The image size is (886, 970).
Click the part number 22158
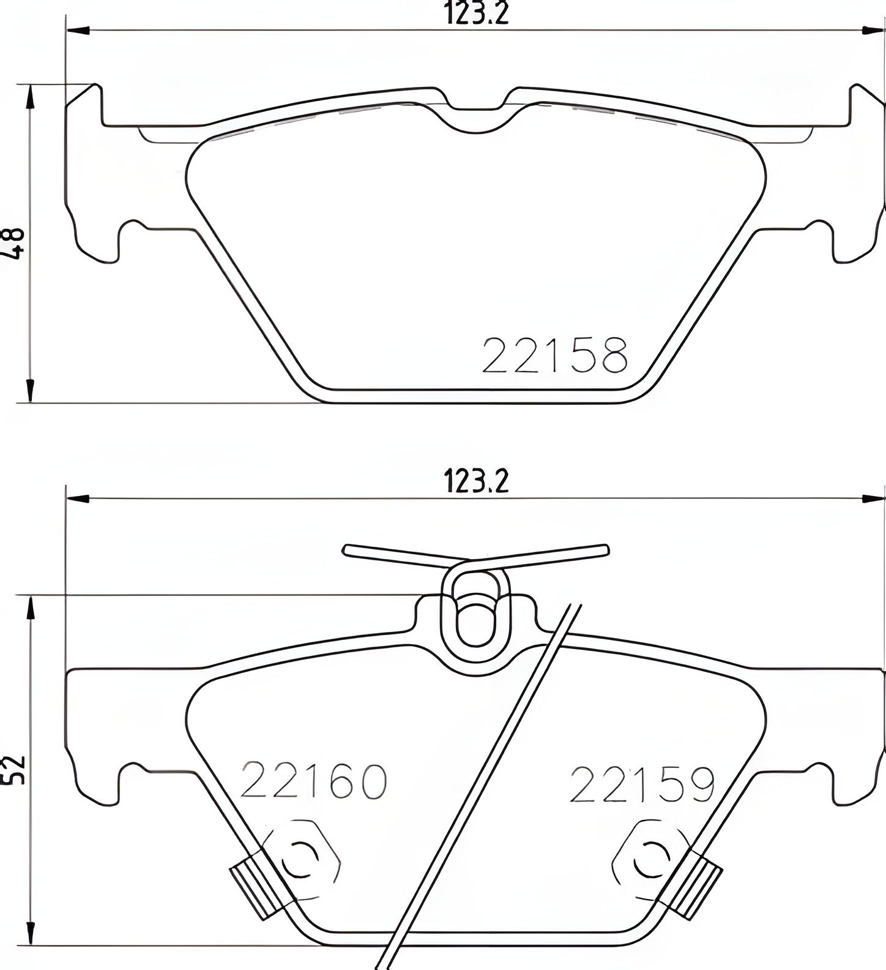point(554,355)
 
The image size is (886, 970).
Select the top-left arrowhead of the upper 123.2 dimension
point(76,30)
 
